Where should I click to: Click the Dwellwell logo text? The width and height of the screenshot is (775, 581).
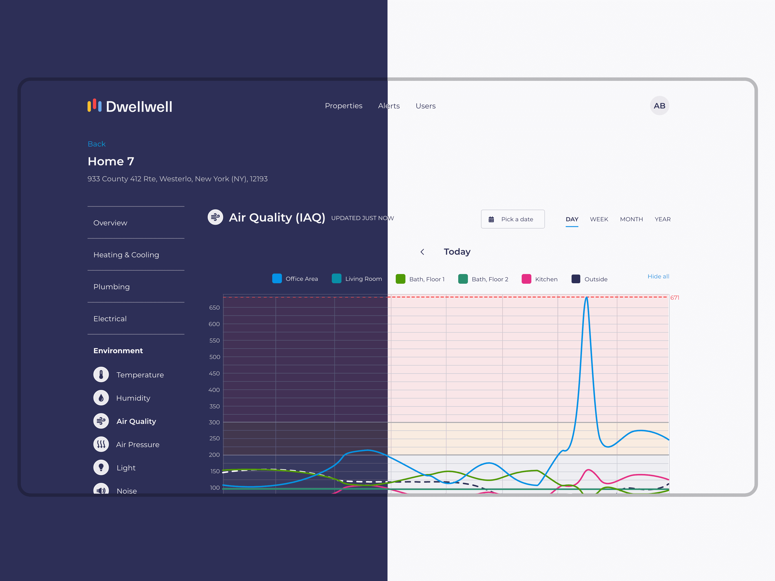139,107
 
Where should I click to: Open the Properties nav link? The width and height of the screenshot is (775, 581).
343,106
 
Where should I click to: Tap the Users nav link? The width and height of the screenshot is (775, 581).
425,106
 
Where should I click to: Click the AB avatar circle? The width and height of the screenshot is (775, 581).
659,106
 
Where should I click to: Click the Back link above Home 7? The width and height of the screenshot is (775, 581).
96,144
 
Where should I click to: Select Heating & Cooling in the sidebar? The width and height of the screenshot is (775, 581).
126,255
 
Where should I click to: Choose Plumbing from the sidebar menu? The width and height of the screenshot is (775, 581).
111,287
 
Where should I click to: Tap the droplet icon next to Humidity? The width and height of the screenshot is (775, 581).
101,398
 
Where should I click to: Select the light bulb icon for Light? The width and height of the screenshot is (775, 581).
101,467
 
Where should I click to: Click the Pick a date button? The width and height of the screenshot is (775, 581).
512,219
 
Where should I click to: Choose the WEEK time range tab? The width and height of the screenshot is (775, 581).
599,219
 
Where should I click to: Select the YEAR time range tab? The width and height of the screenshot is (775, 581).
663,219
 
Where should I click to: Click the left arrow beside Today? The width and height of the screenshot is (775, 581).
422,252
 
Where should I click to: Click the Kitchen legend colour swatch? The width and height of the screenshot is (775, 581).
526,279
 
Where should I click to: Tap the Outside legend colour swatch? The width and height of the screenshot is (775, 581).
576,279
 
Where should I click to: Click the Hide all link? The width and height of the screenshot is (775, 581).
658,276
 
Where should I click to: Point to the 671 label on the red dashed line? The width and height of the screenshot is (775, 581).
674,298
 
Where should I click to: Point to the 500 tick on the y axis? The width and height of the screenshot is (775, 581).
214,357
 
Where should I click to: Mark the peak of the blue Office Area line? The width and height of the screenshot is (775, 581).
587,297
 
